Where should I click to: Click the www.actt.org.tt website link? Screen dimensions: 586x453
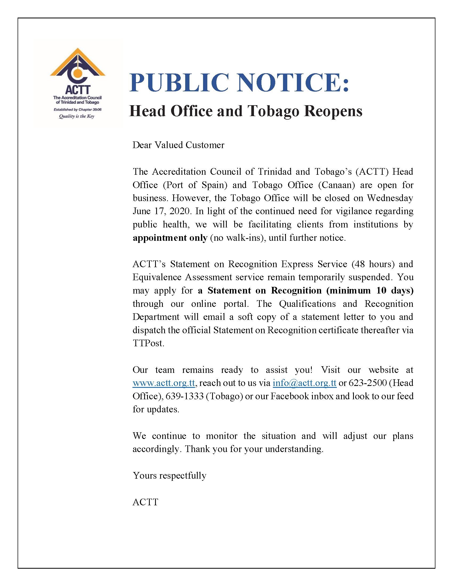coord(164,383)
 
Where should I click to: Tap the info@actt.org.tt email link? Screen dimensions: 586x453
coord(304,383)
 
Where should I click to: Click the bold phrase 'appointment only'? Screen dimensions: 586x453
coord(170,238)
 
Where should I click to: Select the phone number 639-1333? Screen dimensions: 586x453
coord(184,396)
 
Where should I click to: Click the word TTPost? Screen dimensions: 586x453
coord(148,343)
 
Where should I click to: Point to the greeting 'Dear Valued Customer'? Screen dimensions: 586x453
coord(178,145)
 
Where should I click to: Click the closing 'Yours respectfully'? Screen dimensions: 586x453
coord(169,475)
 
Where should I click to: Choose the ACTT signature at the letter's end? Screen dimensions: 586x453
coord(145,502)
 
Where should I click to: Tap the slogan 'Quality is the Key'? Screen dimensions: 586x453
coord(77,116)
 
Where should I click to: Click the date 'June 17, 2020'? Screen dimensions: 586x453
coord(161,211)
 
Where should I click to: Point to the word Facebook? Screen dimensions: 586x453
coord(290,396)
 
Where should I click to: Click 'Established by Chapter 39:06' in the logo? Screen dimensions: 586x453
coord(78,109)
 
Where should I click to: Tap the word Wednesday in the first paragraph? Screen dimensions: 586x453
coord(390,198)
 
